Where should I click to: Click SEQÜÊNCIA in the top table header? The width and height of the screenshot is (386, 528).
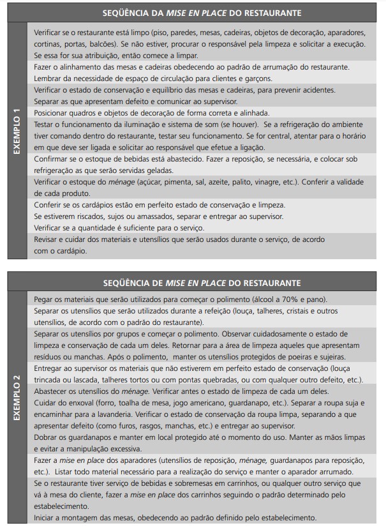[x=126, y=13]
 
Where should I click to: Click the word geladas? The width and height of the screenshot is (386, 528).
[x=156, y=170]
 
